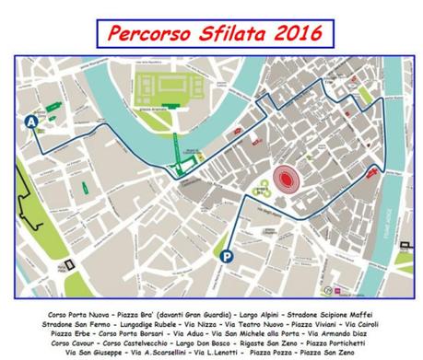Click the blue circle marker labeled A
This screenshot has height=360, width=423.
point(33,121)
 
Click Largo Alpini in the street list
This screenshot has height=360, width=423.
point(252,314)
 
